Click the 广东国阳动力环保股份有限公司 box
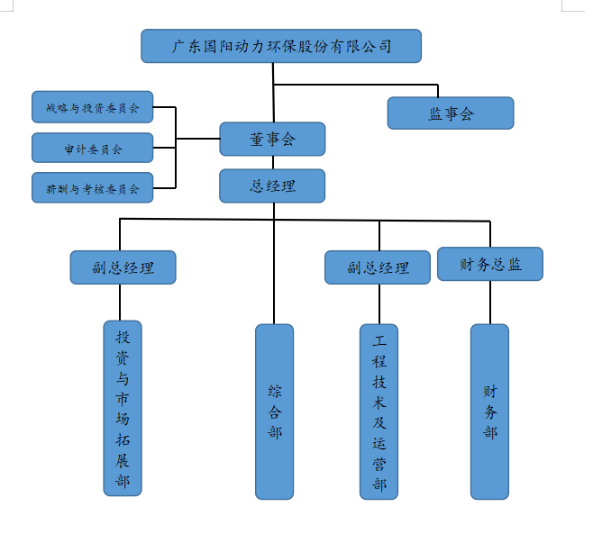(281, 46)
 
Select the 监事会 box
(451, 113)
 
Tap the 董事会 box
(272, 139)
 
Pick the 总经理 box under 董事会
(272, 186)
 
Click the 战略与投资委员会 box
(92, 107)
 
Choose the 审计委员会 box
(92, 148)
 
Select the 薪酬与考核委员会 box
(92, 188)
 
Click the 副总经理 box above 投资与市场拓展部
(123, 267)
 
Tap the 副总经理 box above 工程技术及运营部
(378, 267)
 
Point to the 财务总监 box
(490, 264)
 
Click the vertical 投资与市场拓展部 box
(123, 407)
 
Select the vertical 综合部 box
(274, 412)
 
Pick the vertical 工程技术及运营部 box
(379, 412)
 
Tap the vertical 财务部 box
(489, 412)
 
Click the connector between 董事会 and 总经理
(273, 163)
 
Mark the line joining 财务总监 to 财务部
(490, 303)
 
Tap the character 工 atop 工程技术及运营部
(379, 341)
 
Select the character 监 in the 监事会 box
(434, 113)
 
